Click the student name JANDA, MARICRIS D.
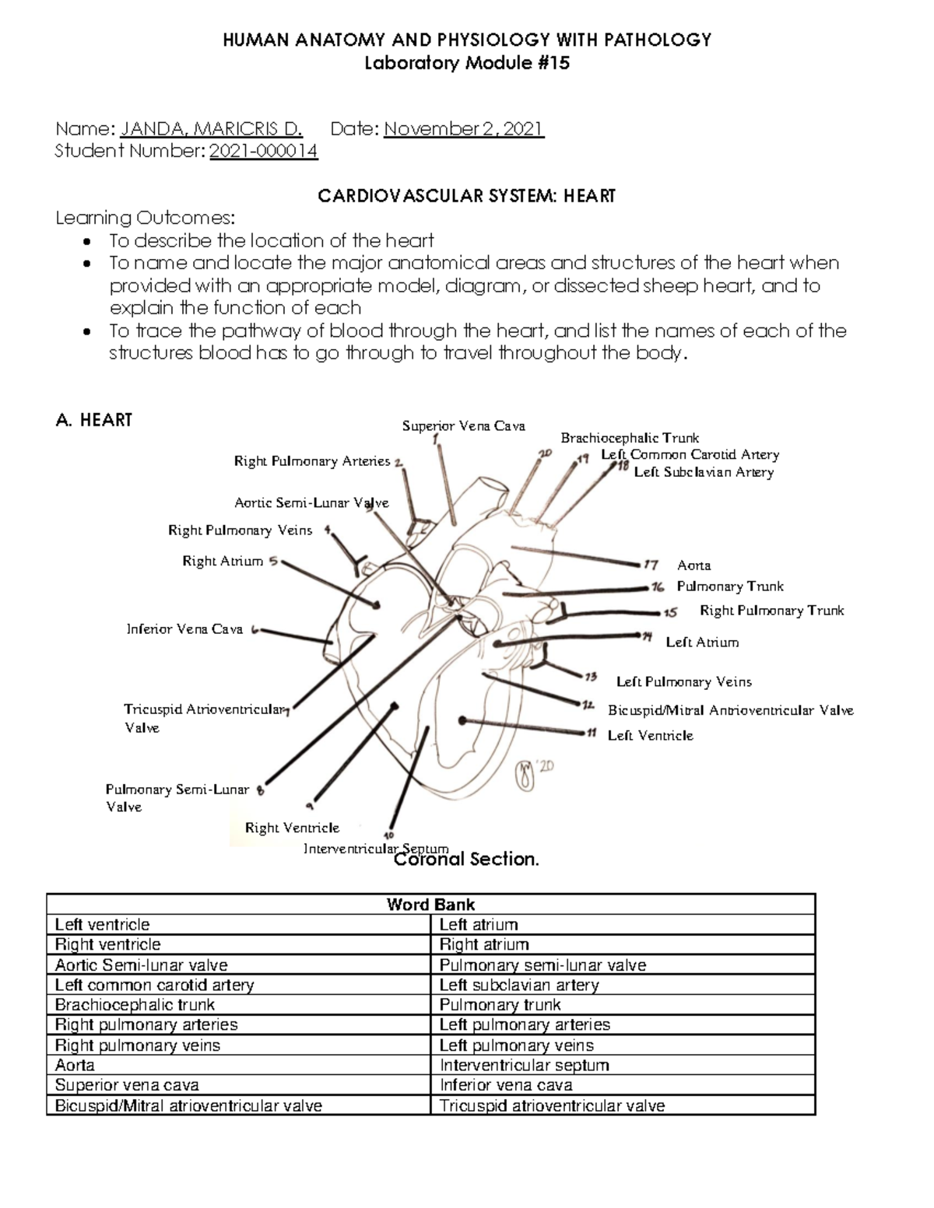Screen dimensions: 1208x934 (211, 129)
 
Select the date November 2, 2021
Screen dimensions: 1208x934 (464, 129)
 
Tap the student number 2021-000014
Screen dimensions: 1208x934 (264, 152)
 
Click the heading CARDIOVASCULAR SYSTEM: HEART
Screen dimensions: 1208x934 (466, 196)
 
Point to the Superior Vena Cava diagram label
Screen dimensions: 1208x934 (463, 426)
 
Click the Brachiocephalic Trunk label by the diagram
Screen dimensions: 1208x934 (630, 438)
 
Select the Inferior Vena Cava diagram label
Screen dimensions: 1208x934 (184, 629)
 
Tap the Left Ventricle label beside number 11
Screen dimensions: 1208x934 (650, 736)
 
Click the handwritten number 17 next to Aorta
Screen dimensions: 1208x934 (651, 565)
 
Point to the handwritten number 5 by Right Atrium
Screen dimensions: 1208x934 (272, 561)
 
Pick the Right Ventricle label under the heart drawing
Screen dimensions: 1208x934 (292, 828)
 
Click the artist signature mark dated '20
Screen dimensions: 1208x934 (534, 773)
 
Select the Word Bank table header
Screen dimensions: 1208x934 (430, 905)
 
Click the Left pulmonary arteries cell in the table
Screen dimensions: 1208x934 (525, 1024)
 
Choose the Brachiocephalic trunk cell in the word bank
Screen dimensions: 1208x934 (124, 1005)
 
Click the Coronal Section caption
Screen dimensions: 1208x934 (467, 860)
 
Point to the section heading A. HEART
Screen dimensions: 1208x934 (94, 421)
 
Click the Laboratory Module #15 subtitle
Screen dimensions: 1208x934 (467, 64)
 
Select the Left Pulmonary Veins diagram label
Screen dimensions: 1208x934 (683, 682)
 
